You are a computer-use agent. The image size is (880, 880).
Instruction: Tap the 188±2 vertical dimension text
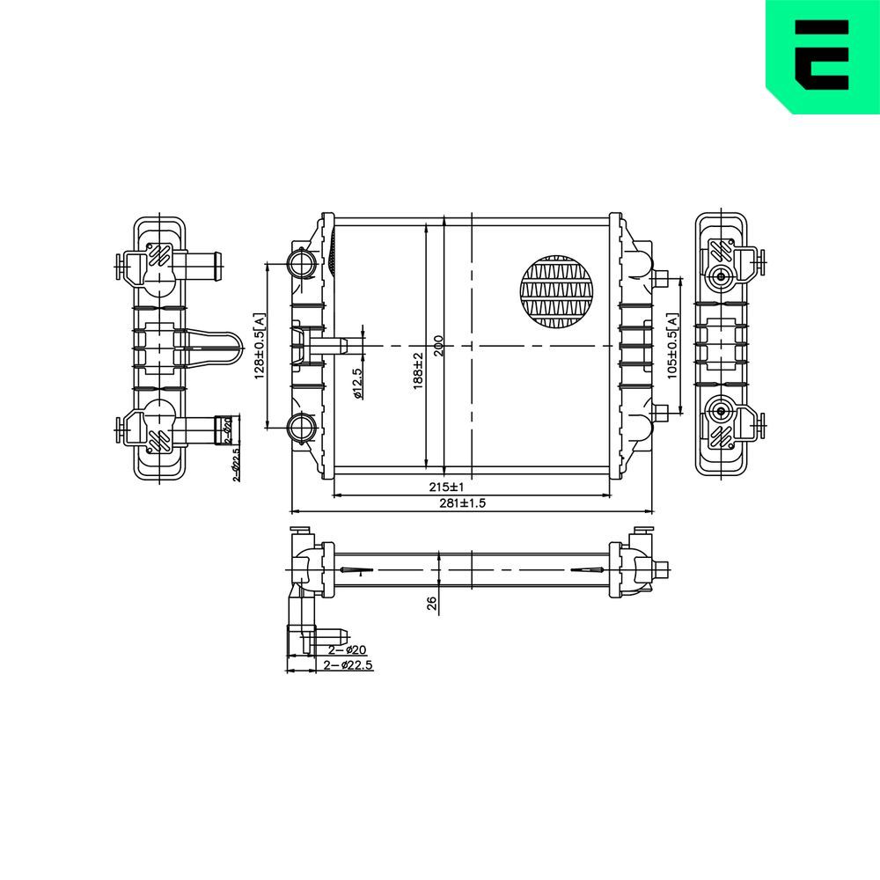419,370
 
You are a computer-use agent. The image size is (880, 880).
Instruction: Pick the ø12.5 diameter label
357,384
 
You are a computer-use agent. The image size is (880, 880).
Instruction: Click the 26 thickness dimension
430,603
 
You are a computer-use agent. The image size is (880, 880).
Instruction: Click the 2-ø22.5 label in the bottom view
348,665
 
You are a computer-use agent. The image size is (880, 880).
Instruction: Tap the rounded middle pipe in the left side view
211,348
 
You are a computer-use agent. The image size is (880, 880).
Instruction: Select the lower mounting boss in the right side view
722,411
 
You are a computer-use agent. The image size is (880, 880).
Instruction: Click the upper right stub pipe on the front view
661,280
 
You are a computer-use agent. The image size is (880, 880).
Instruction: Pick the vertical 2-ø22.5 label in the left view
236,464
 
